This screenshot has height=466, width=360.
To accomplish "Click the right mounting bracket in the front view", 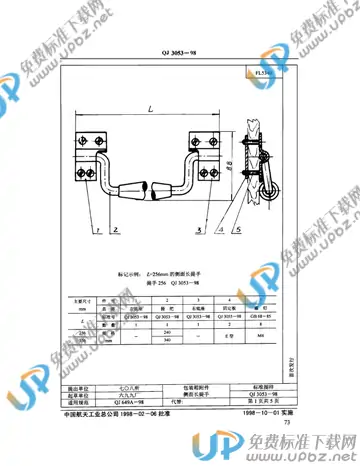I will [x=212, y=144].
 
